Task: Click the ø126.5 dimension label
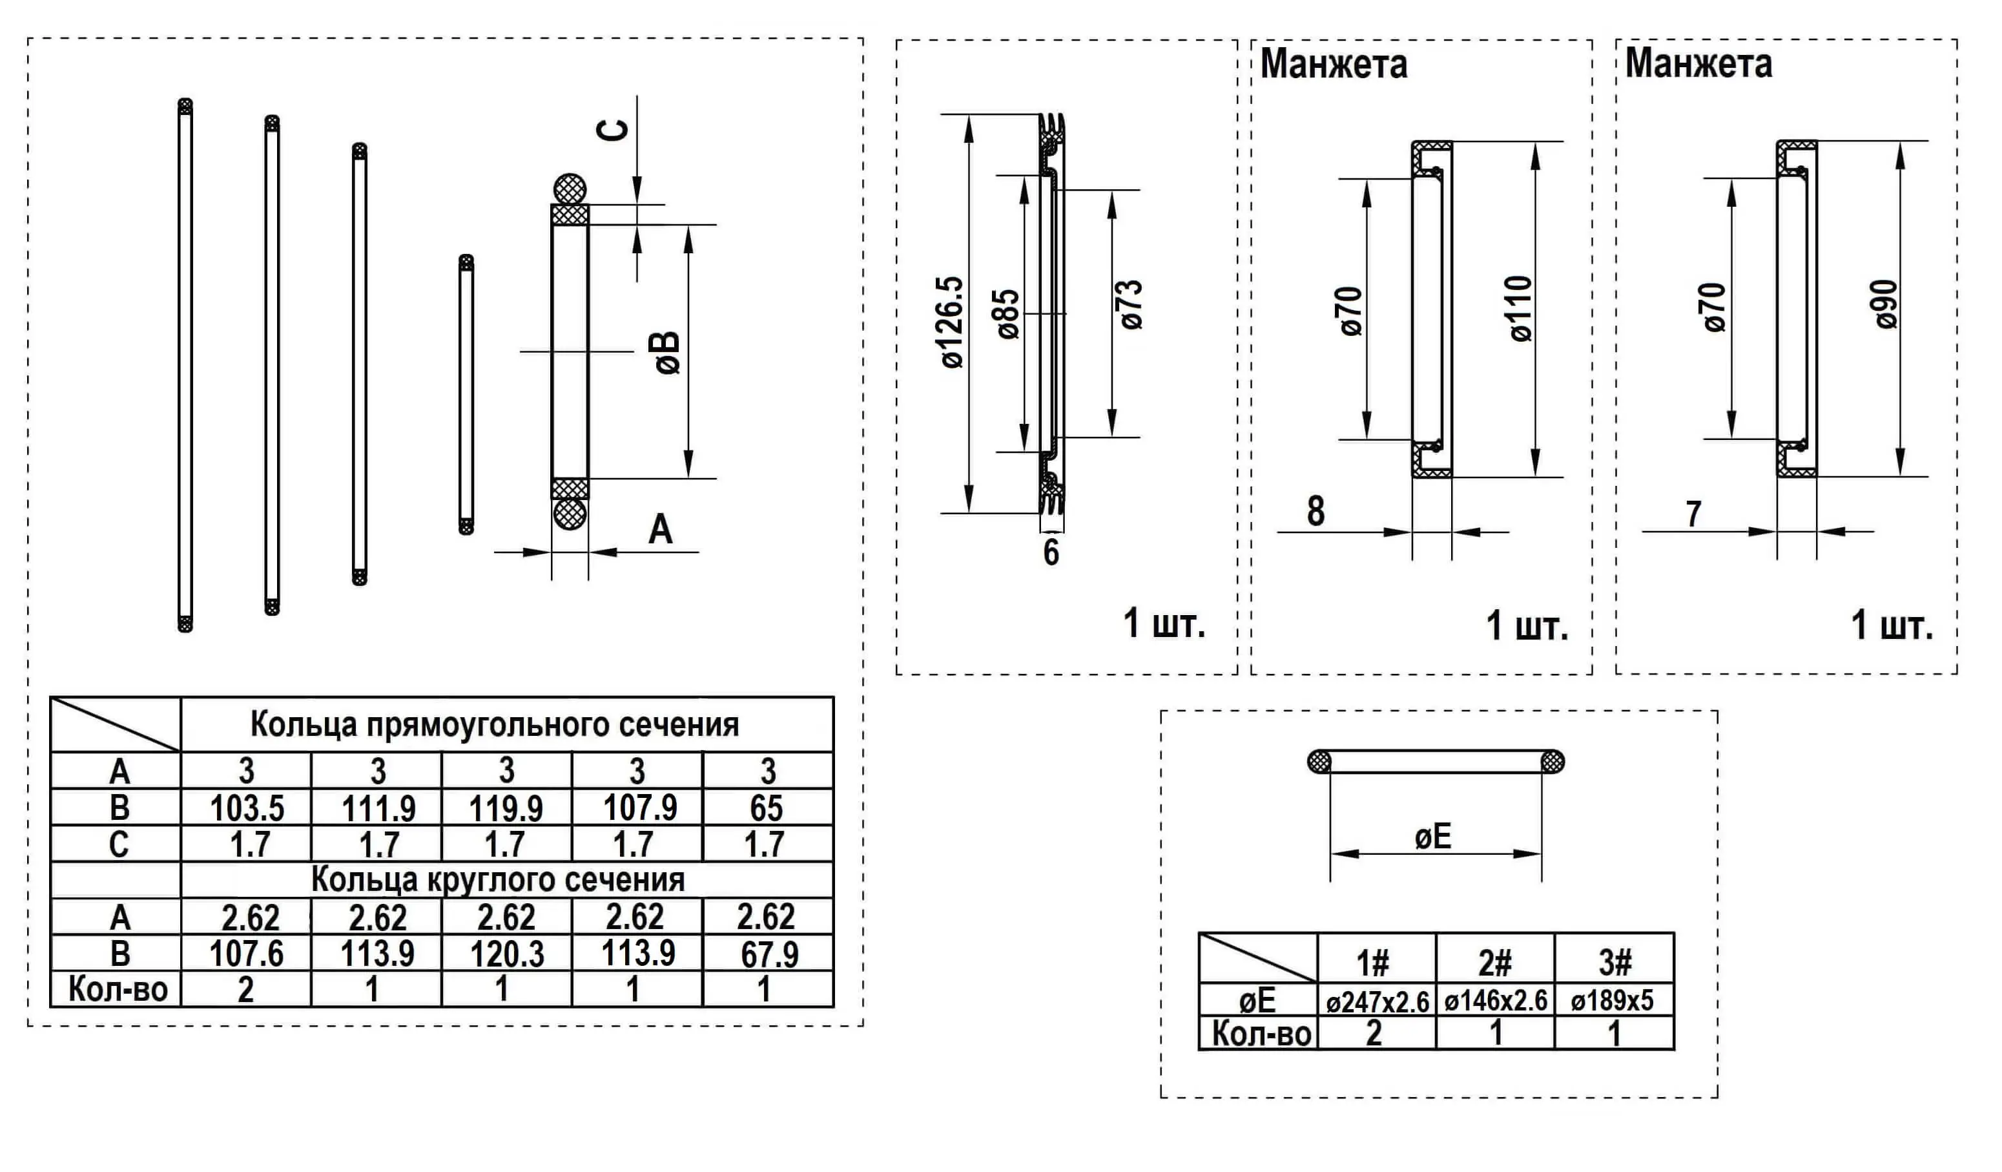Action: (952, 322)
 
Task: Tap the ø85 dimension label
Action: (1007, 315)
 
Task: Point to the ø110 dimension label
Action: (1521, 309)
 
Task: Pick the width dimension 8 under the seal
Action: (1316, 512)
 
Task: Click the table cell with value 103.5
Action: (247, 809)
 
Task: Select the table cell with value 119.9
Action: (506, 809)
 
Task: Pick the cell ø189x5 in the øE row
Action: (1612, 1000)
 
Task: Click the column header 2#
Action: (1494, 964)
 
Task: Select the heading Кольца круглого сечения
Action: (497, 879)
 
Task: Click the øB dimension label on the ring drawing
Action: (668, 353)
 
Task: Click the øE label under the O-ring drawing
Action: (1433, 837)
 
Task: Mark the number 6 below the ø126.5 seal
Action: (1051, 552)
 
